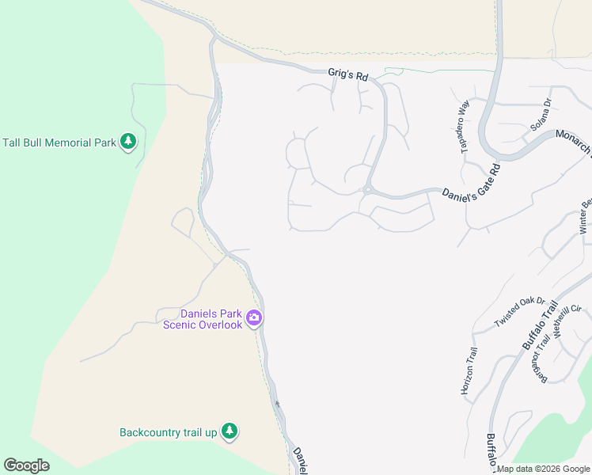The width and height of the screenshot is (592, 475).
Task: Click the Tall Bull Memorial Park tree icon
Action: (x=128, y=142)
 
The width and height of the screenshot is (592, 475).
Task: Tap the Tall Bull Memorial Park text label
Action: (x=59, y=142)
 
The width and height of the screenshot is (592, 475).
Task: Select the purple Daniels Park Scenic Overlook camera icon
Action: (x=254, y=318)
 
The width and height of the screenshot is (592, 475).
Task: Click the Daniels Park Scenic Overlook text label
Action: (x=203, y=319)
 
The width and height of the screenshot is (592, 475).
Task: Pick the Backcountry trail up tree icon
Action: (x=230, y=431)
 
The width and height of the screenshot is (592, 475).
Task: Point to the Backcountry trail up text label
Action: (x=168, y=432)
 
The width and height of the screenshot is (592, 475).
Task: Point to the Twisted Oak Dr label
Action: (x=520, y=313)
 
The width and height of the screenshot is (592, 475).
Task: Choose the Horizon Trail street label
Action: (x=469, y=370)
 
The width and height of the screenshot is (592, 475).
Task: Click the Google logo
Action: (x=27, y=465)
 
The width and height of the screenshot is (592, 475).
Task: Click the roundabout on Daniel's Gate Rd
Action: (x=367, y=189)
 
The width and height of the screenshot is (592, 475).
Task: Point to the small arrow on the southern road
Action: (x=277, y=404)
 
